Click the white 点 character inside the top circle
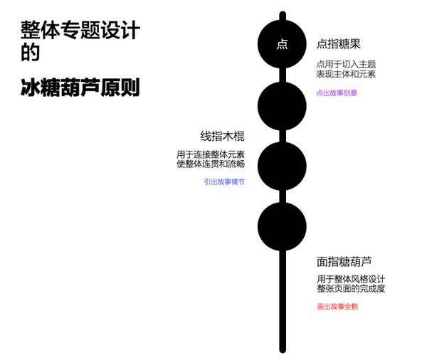coord(282,44)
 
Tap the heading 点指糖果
coord(339,44)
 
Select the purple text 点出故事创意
coord(337,93)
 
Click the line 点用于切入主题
coord(346,64)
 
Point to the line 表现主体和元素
coord(346,74)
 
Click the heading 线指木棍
coord(223,136)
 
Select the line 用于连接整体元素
coord(211,154)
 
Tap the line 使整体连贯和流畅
coord(211,164)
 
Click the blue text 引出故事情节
coord(224,181)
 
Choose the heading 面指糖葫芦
coord(344,261)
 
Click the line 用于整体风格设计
coord(351,279)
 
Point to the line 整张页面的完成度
coord(351,288)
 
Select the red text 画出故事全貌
coord(337,307)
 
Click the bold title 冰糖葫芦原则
coord(80,87)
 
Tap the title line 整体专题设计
coord(80,30)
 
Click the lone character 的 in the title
coord(31,52)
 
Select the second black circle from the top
coord(282,106)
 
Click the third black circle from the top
coord(282,166)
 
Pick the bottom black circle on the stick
coord(282,226)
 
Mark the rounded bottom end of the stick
coord(283,351)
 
